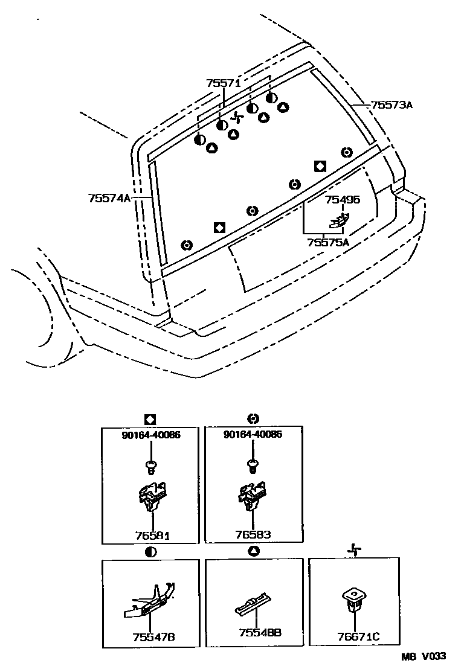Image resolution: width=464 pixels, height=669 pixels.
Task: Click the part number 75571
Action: [x=224, y=84]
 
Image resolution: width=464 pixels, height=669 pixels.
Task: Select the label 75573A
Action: [x=391, y=105]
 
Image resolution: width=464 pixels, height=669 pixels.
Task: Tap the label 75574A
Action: [x=109, y=197]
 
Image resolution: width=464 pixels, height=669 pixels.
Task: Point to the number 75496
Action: [x=342, y=200]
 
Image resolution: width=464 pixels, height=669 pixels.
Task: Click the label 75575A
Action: [x=328, y=242]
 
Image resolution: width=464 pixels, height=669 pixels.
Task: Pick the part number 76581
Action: [x=152, y=534]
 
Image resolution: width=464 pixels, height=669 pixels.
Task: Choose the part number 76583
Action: [x=253, y=534]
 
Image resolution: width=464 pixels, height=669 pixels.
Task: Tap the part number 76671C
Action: [x=357, y=636]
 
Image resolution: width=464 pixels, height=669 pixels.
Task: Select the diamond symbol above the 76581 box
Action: [x=150, y=418]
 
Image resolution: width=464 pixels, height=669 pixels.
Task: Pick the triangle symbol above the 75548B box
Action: [x=254, y=551]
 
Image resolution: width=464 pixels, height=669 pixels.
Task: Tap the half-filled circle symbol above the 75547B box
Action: [x=150, y=551]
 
